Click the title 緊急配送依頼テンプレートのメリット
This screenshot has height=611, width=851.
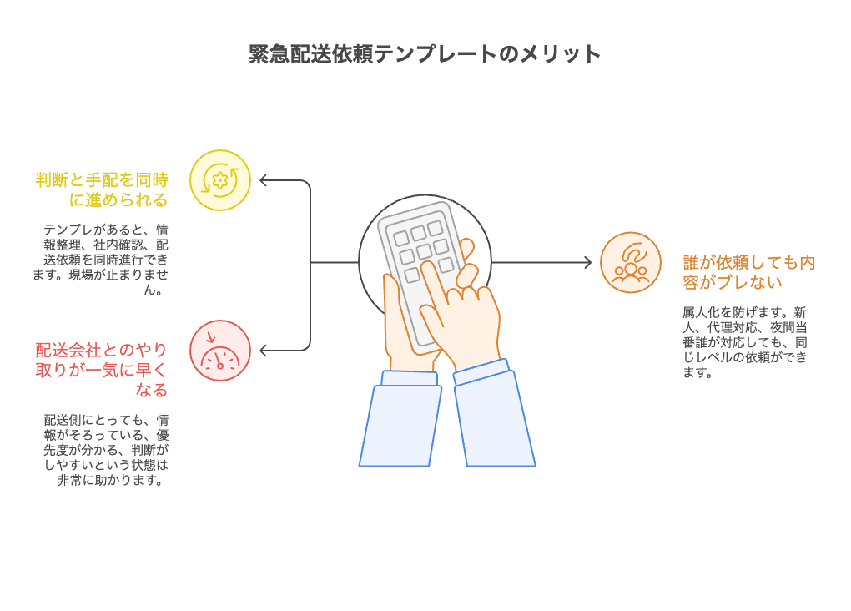425,53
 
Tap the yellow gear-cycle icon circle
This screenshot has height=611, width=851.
220,180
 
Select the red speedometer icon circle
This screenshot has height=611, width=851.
220,351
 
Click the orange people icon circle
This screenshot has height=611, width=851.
631,263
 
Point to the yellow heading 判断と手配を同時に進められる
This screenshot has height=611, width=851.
102,189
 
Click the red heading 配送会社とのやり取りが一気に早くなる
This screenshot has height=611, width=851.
102,370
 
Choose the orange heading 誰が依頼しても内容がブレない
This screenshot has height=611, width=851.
748,272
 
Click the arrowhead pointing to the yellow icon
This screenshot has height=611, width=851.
264,180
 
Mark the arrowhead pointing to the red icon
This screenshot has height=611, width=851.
264,350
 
